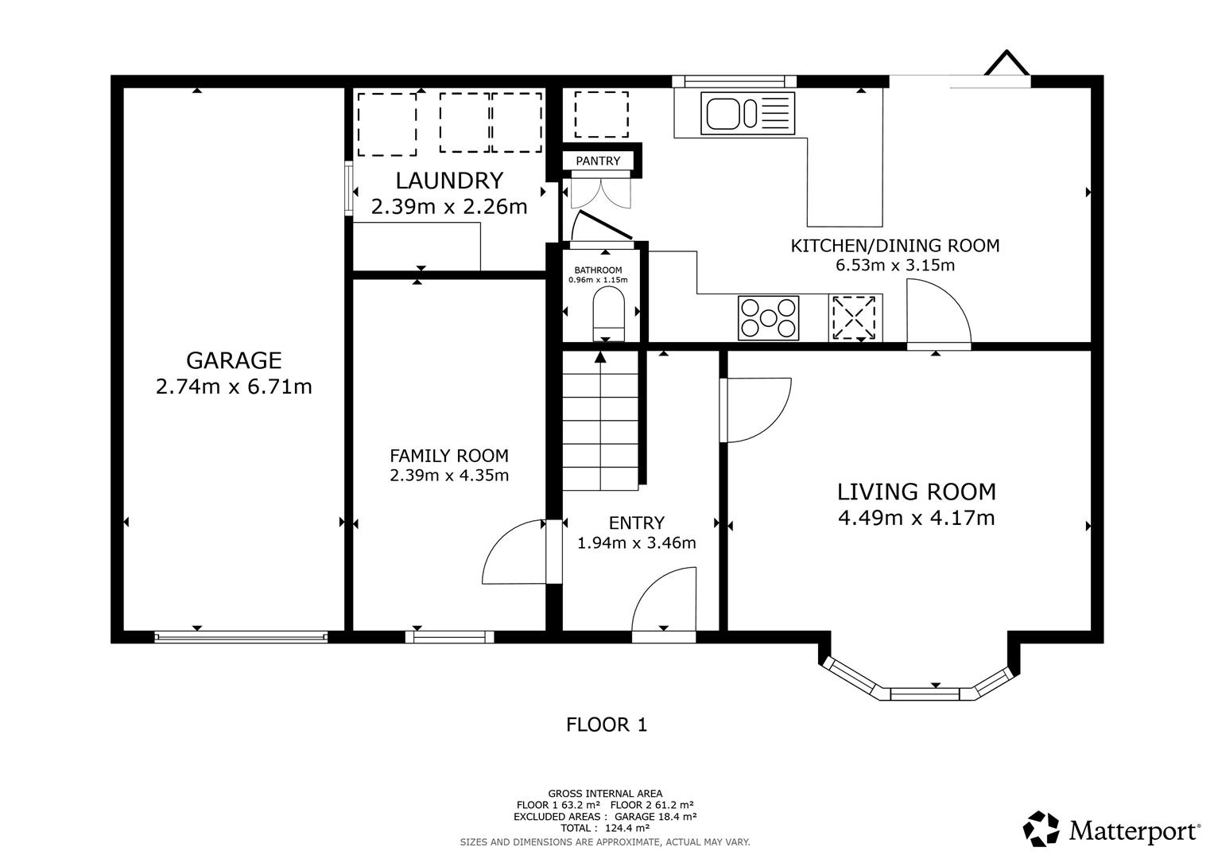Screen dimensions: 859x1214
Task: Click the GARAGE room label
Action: click(x=234, y=360)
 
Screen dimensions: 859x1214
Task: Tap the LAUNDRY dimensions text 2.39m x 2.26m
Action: click(x=449, y=208)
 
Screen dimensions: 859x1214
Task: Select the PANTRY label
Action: click(x=598, y=161)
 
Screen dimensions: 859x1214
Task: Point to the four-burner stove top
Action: click(x=768, y=317)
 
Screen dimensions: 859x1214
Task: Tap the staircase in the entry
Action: click(x=600, y=422)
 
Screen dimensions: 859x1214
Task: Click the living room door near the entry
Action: click(x=755, y=409)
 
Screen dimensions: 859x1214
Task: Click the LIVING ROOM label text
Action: click(x=917, y=491)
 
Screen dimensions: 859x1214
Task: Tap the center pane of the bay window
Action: click(x=925, y=694)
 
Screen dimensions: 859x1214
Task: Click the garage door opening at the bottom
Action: click(x=240, y=636)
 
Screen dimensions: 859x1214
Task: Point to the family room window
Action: click(x=449, y=636)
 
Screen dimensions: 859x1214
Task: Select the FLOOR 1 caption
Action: click(x=607, y=725)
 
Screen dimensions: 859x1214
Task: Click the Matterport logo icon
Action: click(x=1041, y=830)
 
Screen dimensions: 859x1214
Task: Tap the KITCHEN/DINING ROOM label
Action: click(x=894, y=246)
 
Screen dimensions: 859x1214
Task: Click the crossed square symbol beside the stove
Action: click(x=854, y=318)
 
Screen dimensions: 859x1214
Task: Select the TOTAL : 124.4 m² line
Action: click(x=605, y=828)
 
